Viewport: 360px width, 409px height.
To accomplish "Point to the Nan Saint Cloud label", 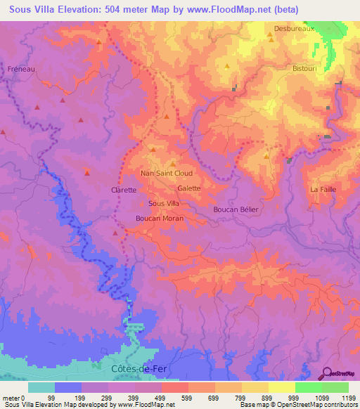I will click(x=167, y=173).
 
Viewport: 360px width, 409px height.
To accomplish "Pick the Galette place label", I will click(x=189, y=188).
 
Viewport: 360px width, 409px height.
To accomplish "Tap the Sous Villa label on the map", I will click(x=164, y=203).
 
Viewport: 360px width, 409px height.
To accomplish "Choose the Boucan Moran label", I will click(x=160, y=219).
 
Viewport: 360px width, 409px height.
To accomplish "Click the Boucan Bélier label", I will click(x=236, y=209).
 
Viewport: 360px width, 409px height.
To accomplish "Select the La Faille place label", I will click(x=323, y=190).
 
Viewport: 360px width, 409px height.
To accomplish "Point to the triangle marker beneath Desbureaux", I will click(x=270, y=41).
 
